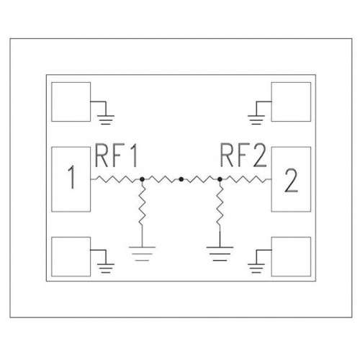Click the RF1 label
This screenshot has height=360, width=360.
[x=116, y=156]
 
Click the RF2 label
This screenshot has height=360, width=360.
[x=243, y=156]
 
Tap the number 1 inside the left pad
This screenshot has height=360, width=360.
[x=71, y=177]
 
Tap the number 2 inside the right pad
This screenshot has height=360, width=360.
[x=291, y=181]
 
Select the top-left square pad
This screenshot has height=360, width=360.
[x=71, y=102]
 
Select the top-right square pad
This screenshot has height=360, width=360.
[x=291, y=102]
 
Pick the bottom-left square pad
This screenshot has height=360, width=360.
[x=71, y=256]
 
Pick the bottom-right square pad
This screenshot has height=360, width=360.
[x=291, y=256]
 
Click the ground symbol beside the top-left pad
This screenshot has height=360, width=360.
[x=106, y=120]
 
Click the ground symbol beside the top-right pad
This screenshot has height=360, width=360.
[x=256, y=120]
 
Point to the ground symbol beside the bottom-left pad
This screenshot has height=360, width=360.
[x=106, y=268]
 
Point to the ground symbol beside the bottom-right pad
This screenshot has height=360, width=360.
[x=256, y=268]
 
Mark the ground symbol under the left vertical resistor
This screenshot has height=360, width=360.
[x=142, y=253]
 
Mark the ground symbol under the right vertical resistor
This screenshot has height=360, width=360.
[x=220, y=253]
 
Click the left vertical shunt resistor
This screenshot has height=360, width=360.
[x=142, y=206]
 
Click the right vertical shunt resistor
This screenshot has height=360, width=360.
[x=220, y=206]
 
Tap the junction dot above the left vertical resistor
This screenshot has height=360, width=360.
[x=142, y=179]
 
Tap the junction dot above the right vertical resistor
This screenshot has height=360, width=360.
[x=220, y=179]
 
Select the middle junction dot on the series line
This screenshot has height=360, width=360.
[x=181, y=179]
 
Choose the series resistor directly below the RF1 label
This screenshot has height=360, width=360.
[x=115, y=179]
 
